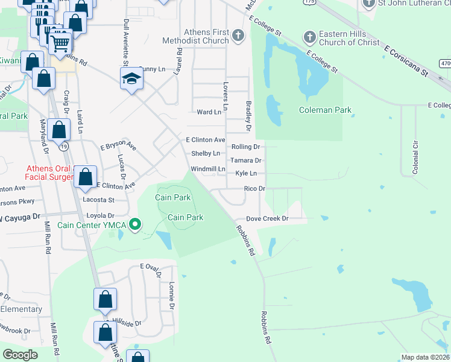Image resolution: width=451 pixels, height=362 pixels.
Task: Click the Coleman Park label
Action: [x=326, y=110]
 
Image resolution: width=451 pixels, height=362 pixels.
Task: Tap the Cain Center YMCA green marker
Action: [x=136, y=226]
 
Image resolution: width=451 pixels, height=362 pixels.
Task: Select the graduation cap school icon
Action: [x=131, y=79]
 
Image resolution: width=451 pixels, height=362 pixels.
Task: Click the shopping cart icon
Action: [x=60, y=41]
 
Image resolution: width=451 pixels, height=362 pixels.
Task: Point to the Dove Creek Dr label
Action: [x=267, y=218]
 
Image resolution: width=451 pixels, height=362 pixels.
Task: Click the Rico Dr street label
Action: [x=254, y=189]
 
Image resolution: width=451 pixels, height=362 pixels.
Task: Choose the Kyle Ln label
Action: [x=246, y=173]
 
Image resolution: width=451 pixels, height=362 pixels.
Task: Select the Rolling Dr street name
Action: [x=246, y=147]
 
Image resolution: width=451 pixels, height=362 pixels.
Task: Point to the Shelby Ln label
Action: [x=205, y=154]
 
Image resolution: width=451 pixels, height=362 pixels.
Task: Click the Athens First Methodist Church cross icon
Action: [x=238, y=36]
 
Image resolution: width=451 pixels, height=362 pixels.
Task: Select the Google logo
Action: [x=20, y=355]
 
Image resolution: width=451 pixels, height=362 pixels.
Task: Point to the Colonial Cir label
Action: [x=415, y=158]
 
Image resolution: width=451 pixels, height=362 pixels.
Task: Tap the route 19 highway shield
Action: [x=64, y=146]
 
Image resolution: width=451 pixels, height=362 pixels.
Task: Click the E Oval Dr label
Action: [x=151, y=268]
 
